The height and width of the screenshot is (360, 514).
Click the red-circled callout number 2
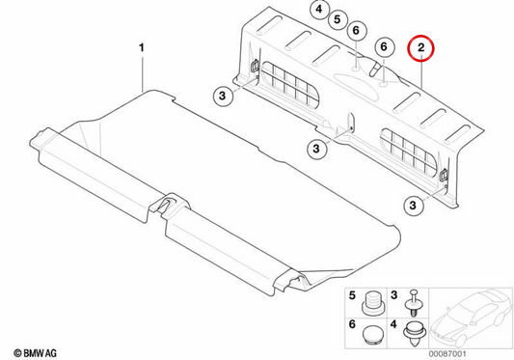tap(420, 48)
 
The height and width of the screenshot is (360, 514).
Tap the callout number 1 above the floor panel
tap(142, 48)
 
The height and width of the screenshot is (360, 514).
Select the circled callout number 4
tap(319, 10)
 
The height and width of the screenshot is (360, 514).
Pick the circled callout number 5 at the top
tap(338, 19)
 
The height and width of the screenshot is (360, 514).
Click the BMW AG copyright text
tap(35, 353)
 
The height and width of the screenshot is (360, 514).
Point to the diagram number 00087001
tap(447, 354)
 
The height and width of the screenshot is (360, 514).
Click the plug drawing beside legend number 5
tap(372, 303)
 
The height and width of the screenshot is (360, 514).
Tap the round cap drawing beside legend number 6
tap(372, 334)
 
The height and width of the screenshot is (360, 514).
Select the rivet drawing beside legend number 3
tap(415, 303)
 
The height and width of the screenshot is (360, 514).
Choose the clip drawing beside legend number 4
tap(416, 334)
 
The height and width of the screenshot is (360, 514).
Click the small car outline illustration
tap(471, 318)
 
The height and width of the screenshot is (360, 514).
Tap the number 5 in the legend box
tap(352, 295)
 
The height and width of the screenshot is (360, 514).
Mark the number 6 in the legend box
tap(352, 324)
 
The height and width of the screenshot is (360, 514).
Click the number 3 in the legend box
tap(394, 295)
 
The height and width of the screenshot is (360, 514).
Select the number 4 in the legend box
tap(394, 324)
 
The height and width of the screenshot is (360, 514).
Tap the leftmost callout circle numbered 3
tap(223, 96)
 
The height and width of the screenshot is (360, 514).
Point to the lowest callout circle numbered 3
tap(413, 206)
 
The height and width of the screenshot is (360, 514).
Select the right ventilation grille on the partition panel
tap(409, 152)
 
